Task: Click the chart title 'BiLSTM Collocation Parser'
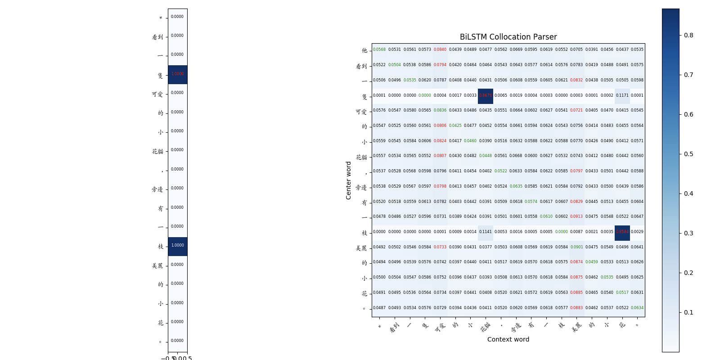coord(508,37)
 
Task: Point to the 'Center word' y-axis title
coord(348,180)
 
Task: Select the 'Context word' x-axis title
coord(508,339)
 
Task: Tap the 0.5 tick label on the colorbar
coord(688,154)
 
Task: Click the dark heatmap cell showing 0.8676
coord(486,95)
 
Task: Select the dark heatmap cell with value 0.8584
coord(622,232)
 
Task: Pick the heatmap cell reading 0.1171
coord(622,95)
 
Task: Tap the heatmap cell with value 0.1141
coord(486,232)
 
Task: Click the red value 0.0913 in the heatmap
coord(576,216)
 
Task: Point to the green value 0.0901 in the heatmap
coord(576,247)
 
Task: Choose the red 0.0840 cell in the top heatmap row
coord(440,49)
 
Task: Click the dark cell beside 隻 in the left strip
coord(178,74)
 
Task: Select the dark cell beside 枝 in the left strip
coord(178,246)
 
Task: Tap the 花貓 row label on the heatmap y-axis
coord(361,157)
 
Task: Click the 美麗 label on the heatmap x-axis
coord(576,328)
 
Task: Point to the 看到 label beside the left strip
coord(157,37)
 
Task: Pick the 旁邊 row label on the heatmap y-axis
coord(361,187)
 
